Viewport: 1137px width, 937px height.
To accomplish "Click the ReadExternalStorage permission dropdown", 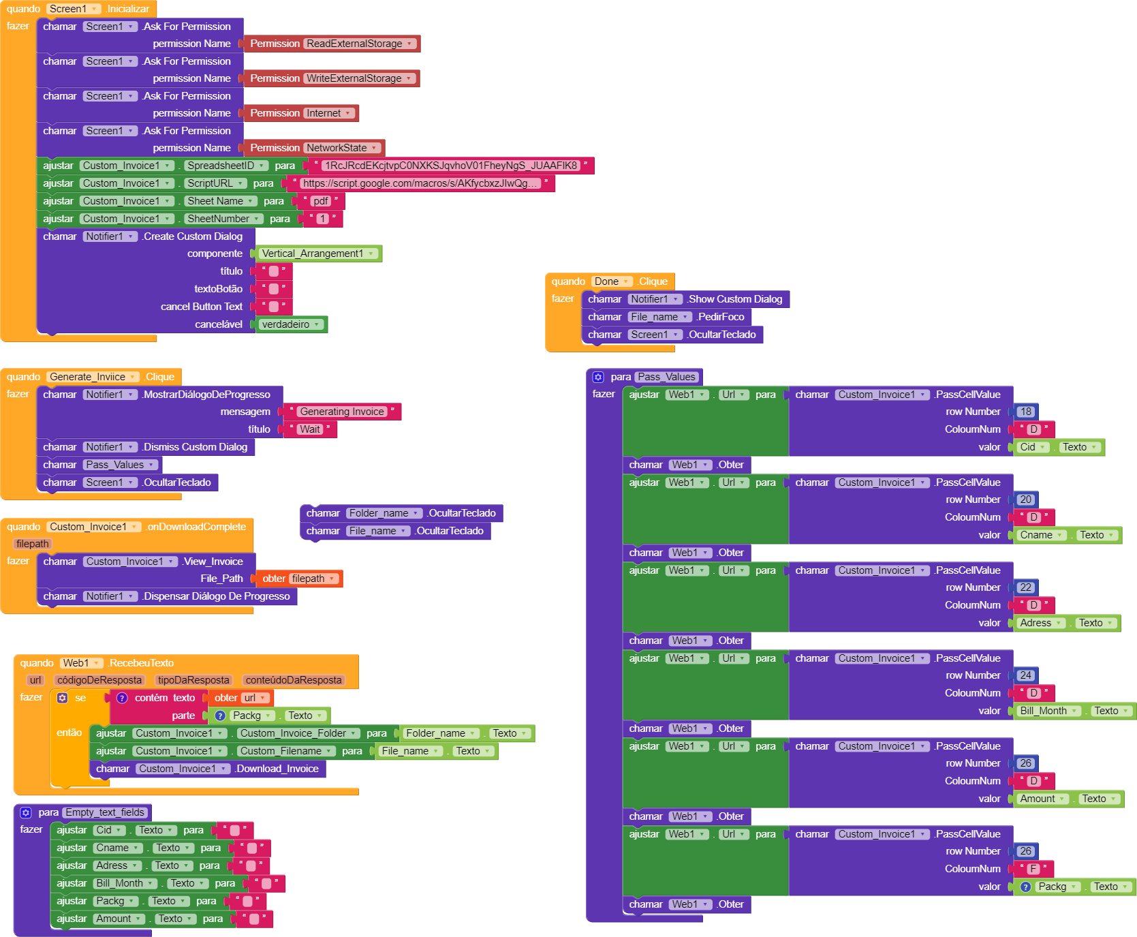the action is pyautogui.click(x=360, y=44).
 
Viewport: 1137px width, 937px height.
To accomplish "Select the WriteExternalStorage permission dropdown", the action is pyautogui.click(x=360, y=78).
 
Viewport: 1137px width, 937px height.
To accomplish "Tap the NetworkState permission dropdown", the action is pyautogui.click(x=342, y=148).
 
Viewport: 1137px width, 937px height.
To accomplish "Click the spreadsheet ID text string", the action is pyautogui.click(x=451, y=166).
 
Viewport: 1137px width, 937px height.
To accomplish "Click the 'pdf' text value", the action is pyautogui.click(x=320, y=201).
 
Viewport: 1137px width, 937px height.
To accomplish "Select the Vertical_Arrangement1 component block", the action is pyautogui.click(x=318, y=254).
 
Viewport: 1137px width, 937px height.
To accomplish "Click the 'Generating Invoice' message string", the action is pyautogui.click(x=342, y=412).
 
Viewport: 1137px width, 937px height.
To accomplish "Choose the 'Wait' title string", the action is pyautogui.click(x=310, y=429).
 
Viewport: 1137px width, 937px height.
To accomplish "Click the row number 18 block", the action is pyautogui.click(x=1026, y=412).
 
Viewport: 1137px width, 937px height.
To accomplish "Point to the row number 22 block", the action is pyautogui.click(x=1026, y=587).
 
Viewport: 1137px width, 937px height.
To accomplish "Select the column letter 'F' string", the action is pyautogui.click(x=1033, y=869).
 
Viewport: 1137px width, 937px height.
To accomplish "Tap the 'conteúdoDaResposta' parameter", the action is pyautogui.click(x=294, y=680).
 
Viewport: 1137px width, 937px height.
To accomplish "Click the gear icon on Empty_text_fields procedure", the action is pyautogui.click(x=26, y=812).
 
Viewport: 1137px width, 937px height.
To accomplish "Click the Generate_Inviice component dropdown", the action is pyautogui.click(x=93, y=377).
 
